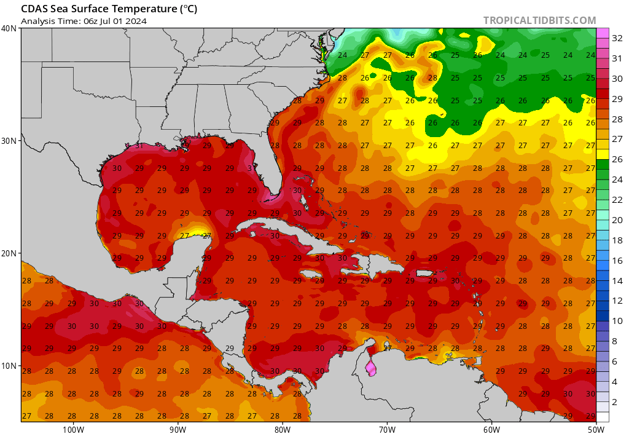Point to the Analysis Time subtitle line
coord(84,21)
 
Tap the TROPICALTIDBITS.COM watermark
coord(539,20)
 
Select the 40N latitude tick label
coord(9,28)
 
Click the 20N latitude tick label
coord(9,253)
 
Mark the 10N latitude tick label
coord(9,366)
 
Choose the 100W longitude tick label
coord(73,428)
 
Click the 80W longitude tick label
coord(283,428)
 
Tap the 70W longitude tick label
coord(387,428)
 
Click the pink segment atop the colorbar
coord(603,33)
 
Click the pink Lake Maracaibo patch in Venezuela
coord(370,368)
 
